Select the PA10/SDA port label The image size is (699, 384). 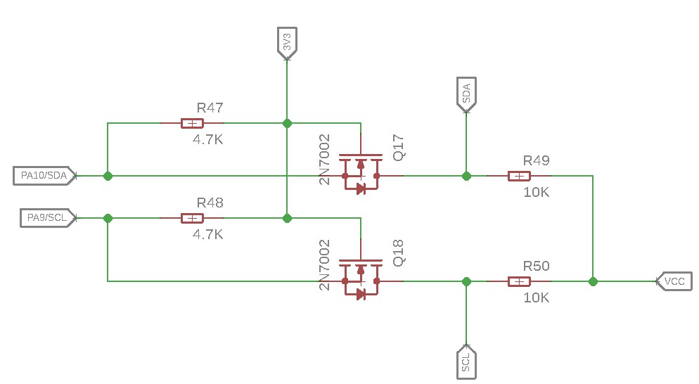click(44, 176)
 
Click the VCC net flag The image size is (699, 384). click(674, 281)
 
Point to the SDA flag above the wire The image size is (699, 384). click(466, 94)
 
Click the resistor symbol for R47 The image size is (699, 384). click(192, 123)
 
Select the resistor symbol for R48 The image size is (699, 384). click(192, 218)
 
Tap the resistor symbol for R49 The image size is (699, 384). click(518, 176)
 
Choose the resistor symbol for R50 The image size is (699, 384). click(518, 281)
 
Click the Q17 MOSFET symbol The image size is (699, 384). click(361, 172)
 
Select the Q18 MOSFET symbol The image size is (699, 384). click(361, 279)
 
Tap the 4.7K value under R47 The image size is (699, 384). click(208, 140)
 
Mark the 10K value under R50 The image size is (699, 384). click(537, 298)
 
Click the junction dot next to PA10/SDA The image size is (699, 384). click(108, 176)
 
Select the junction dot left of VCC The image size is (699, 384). click(593, 281)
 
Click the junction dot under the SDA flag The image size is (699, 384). click(466, 176)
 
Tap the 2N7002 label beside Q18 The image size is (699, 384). click(325, 265)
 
